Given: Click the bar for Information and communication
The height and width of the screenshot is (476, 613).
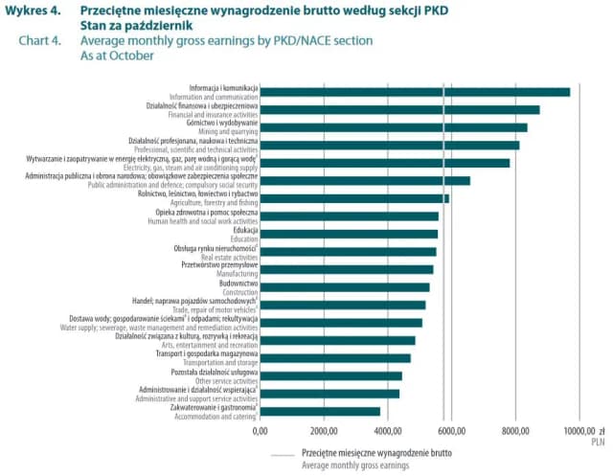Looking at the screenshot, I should [x=415, y=92].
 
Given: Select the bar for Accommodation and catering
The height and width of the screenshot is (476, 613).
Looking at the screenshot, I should [x=320, y=412].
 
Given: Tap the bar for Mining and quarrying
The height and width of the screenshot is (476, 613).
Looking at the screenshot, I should [x=394, y=127].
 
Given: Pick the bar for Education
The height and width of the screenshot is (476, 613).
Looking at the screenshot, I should [x=349, y=234].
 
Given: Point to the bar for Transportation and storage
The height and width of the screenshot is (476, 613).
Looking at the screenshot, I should [x=335, y=358].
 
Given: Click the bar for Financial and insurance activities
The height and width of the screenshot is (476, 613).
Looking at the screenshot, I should [x=399, y=110].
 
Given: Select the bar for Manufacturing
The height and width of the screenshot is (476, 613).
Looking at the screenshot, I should [x=347, y=269].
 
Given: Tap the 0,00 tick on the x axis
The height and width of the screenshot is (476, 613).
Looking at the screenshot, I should [x=260, y=432].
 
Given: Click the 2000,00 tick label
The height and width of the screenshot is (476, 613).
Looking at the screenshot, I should [x=324, y=432].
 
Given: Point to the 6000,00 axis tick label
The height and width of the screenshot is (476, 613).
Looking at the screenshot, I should [x=452, y=432].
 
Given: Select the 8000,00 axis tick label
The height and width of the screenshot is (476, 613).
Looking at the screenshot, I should [x=516, y=432].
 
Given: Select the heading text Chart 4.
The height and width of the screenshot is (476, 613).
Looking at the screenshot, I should [x=37, y=41].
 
